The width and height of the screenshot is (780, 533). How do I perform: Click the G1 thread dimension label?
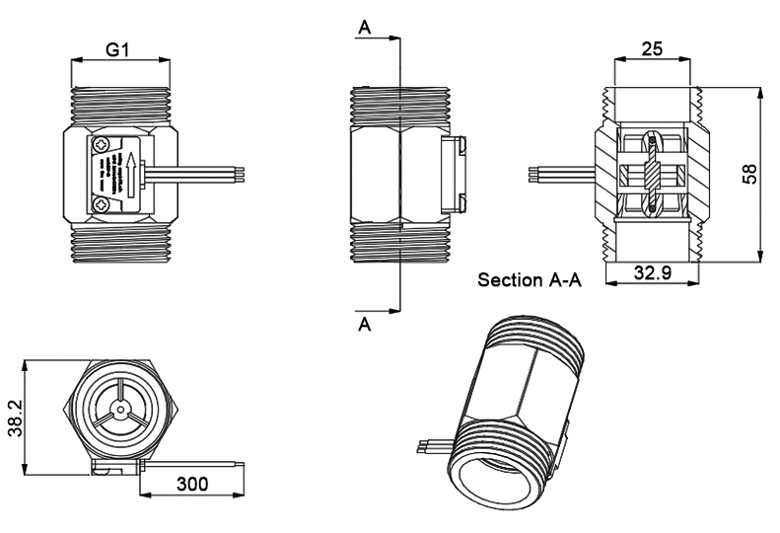click(x=118, y=51)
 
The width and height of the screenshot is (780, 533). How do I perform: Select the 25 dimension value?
click(x=652, y=48)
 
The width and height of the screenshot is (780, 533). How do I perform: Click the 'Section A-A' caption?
click(x=530, y=280)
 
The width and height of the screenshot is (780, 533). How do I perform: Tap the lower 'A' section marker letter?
click(x=365, y=325)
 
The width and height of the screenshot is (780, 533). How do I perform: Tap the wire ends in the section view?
click(x=533, y=175)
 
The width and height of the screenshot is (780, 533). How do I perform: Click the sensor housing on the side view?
click(x=453, y=175)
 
